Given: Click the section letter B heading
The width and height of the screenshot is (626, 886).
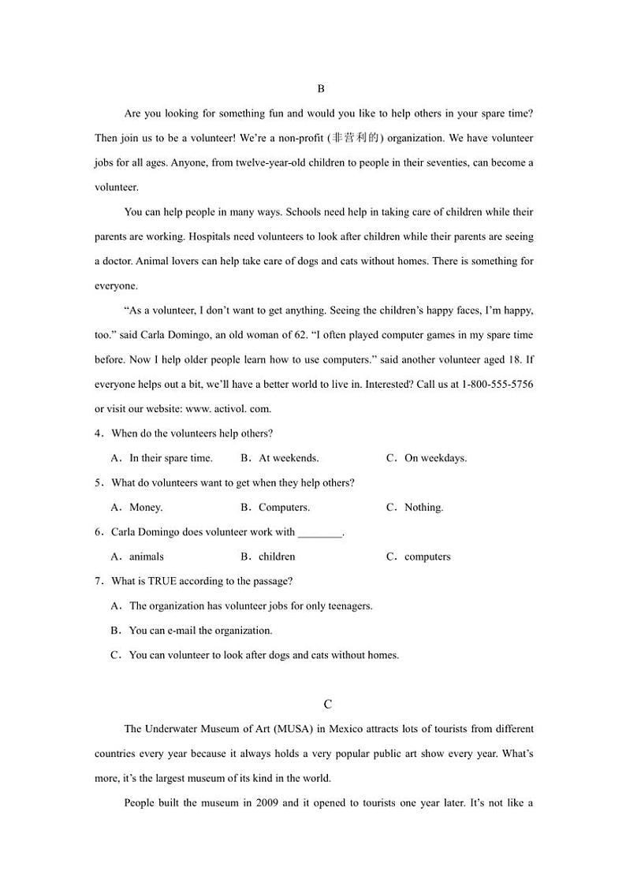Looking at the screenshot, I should tap(321, 89).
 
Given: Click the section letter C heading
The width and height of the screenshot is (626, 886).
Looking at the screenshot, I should tap(328, 704).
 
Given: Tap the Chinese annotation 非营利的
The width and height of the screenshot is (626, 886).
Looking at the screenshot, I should tap(356, 138).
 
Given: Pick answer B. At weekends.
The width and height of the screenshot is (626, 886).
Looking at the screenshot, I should tap(280, 458).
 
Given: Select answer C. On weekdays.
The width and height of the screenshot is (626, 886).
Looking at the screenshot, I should tap(427, 458).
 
